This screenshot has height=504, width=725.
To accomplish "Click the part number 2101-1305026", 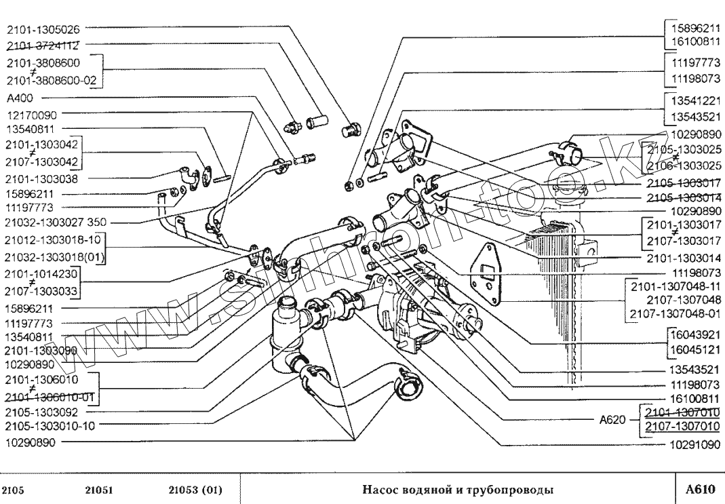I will pos(43,30).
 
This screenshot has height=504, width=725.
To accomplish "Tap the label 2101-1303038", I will pos(41,178).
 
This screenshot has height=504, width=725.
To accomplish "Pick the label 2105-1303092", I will pos(41,411).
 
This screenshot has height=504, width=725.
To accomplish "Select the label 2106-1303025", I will pos(683,166).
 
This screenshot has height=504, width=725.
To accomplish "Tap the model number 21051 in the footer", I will pos(100,490).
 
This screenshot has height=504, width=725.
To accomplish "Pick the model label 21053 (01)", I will pos(195,490).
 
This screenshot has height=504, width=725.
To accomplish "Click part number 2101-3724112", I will pos(43,46).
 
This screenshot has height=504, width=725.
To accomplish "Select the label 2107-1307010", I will pos(682,426).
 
